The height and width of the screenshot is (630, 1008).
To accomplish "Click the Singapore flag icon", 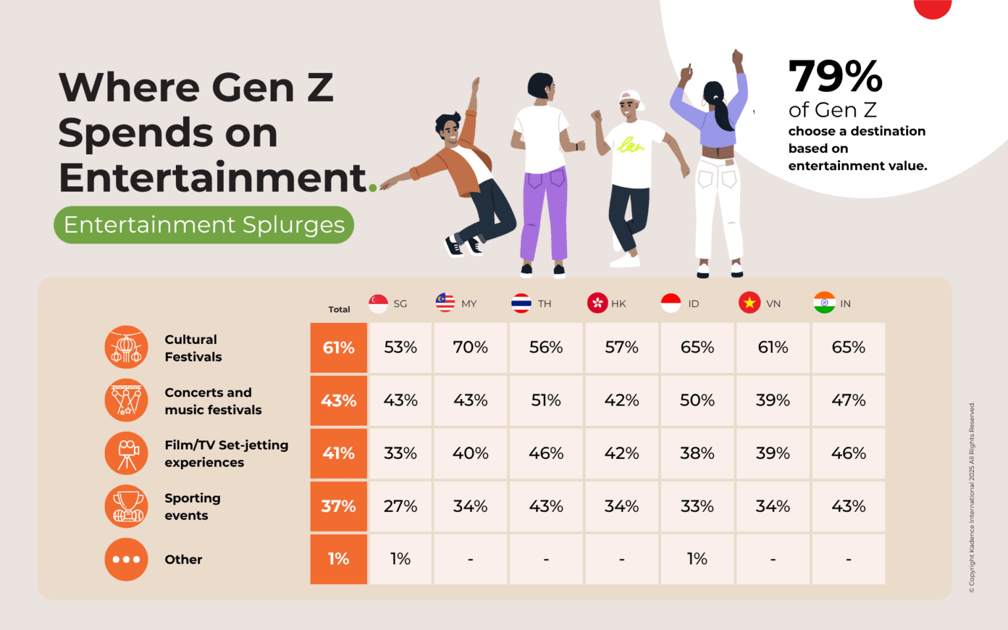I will (x=378, y=303).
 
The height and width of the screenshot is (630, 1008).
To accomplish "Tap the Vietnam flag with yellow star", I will (x=749, y=303).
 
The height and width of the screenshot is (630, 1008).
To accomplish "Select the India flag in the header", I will (x=824, y=303).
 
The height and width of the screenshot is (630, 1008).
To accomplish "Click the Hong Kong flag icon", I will (x=597, y=303).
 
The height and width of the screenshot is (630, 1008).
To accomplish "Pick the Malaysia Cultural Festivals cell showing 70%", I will (x=470, y=348).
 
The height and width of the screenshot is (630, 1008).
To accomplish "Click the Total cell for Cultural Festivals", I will (x=339, y=348).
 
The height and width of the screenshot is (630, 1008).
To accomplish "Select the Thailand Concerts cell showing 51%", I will (x=546, y=400).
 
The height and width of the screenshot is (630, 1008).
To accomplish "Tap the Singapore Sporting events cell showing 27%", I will (x=400, y=506).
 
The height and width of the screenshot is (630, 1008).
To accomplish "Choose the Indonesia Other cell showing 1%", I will (x=697, y=558).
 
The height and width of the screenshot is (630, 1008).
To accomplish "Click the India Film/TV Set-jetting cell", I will (x=849, y=453).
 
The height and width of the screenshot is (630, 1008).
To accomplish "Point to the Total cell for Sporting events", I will (x=339, y=506).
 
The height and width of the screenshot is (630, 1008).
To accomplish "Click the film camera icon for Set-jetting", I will (x=127, y=453).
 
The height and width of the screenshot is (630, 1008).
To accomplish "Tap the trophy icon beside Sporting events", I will (x=127, y=506).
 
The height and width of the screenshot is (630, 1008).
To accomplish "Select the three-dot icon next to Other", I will (x=127, y=559).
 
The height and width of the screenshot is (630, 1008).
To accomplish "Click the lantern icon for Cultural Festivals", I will (x=127, y=347).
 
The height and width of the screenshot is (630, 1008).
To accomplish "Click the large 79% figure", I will (x=835, y=77).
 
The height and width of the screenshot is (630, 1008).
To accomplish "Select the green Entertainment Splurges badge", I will (x=204, y=225).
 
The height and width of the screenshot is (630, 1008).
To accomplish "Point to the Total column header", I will (x=339, y=309).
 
